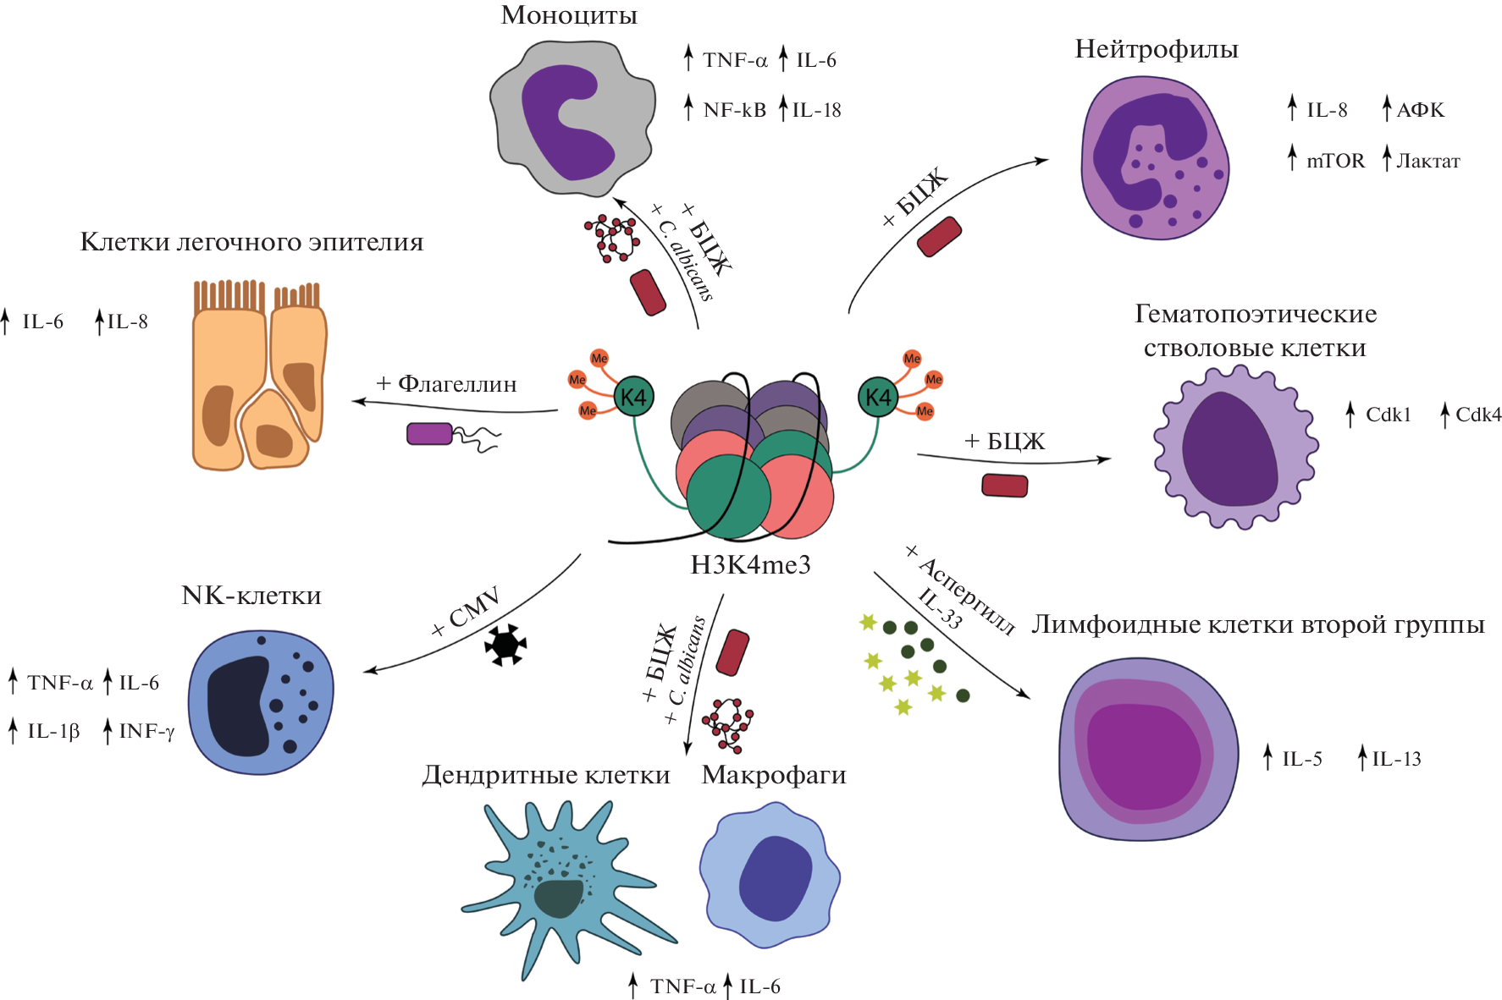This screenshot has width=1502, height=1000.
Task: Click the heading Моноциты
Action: (x=568, y=15)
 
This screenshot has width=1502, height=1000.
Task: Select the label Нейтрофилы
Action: (x=1156, y=49)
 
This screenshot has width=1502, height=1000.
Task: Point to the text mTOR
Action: (x=1335, y=161)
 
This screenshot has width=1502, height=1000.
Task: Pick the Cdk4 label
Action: (x=1477, y=415)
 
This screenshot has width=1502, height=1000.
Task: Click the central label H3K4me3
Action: (x=750, y=564)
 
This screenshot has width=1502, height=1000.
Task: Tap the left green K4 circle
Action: (x=632, y=397)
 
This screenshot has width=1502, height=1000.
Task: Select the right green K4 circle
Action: (x=878, y=397)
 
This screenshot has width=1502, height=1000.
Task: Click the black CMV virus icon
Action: (x=505, y=645)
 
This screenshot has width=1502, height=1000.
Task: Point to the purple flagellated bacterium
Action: (x=430, y=433)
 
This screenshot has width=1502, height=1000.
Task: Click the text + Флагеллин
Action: (x=446, y=384)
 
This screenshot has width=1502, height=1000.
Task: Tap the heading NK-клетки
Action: (x=251, y=596)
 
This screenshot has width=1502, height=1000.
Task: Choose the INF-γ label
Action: (x=146, y=731)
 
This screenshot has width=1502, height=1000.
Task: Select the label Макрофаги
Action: (x=774, y=775)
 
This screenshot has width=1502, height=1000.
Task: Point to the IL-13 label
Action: (x=1396, y=759)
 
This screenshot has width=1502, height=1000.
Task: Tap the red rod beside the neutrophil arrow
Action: (x=940, y=237)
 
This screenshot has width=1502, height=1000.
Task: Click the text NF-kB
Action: (x=734, y=110)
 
